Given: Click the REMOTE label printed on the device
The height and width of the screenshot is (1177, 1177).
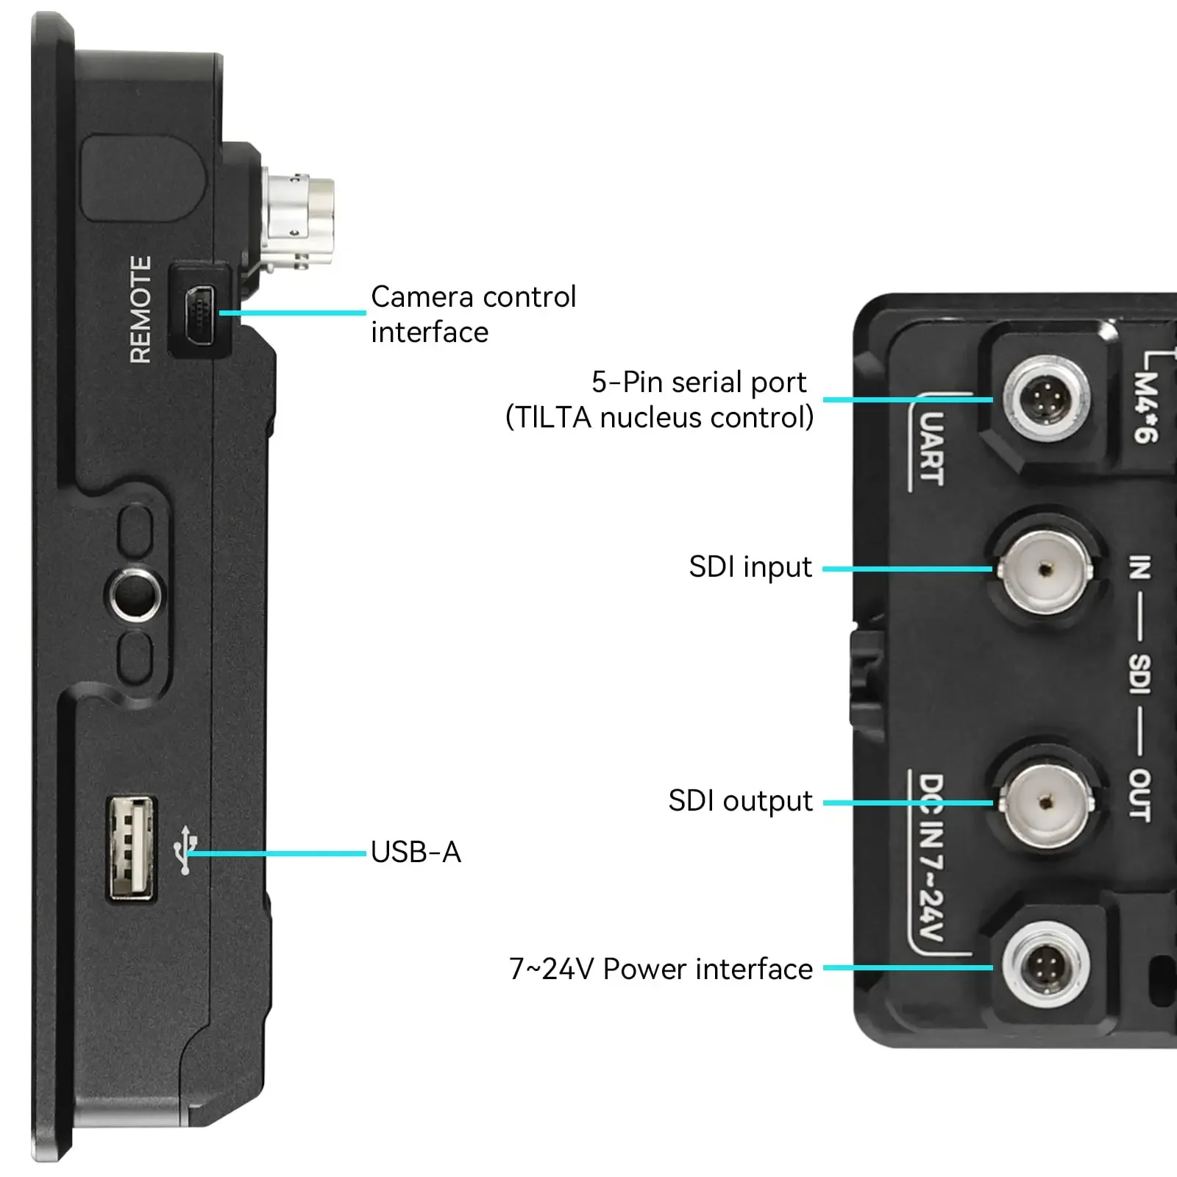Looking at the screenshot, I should point(141,310).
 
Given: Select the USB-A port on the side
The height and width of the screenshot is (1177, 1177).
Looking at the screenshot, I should point(132,847).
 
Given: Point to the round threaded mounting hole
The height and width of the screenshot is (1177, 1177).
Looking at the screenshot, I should point(136,593).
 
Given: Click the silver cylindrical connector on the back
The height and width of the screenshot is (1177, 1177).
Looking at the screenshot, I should point(299,217).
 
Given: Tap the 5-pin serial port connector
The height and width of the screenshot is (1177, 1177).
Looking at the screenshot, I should point(1047,401).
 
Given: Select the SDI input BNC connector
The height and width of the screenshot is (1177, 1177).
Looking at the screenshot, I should point(1045,569).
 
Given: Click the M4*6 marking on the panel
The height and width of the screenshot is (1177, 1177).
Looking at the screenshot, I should point(1145,407).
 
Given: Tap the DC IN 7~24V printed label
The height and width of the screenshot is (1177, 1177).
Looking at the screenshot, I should point(931,857).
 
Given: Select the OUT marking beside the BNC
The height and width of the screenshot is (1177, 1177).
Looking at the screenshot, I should point(1139,794).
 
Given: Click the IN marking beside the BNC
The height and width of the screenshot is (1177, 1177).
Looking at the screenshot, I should point(1139,567).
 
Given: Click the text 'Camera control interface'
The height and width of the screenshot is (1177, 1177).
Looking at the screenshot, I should point(473,314).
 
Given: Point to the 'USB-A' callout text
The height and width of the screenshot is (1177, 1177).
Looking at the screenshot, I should point(416,853).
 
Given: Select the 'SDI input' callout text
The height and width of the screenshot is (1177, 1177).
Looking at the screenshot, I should point(750,567).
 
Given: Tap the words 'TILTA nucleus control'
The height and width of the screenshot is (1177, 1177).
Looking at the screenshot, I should point(659,418).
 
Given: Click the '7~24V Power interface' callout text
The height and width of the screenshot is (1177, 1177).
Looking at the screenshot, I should point(661,969).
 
